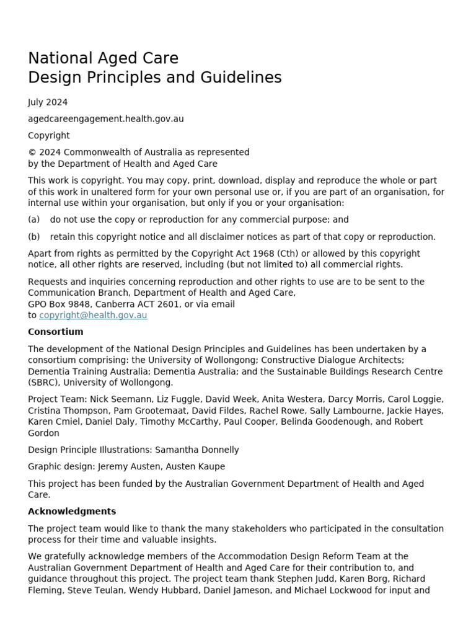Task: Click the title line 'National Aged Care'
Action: click(x=103, y=58)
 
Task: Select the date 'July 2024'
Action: click(x=48, y=102)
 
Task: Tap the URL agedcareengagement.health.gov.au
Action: click(x=105, y=119)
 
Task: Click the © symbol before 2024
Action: click(x=32, y=153)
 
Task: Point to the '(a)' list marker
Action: click(x=34, y=220)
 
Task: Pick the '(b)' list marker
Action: click(x=34, y=237)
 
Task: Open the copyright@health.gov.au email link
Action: click(x=93, y=315)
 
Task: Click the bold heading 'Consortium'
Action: click(x=55, y=332)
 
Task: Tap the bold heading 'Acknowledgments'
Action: click(x=72, y=512)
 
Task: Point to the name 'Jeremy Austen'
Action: click(x=121, y=466)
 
